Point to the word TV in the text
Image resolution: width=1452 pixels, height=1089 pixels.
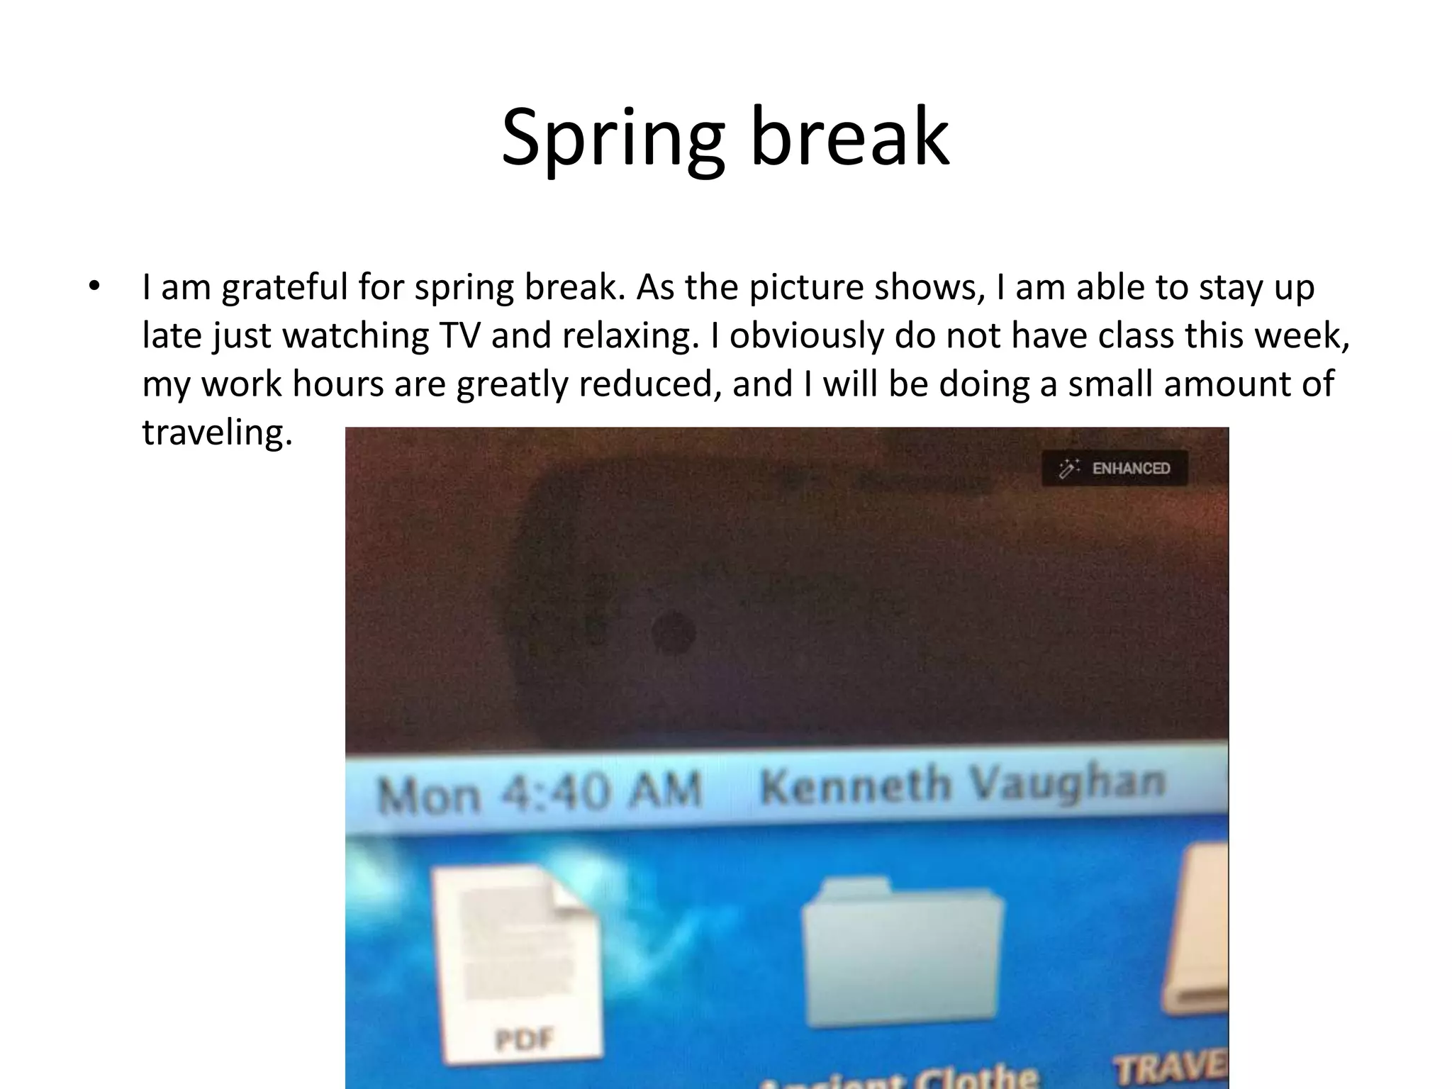tap(459, 335)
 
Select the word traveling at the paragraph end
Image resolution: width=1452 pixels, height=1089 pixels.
tap(217, 432)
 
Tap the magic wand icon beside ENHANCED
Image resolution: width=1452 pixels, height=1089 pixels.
tap(1068, 469)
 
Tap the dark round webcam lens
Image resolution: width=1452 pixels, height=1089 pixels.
tap(673, 632)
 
